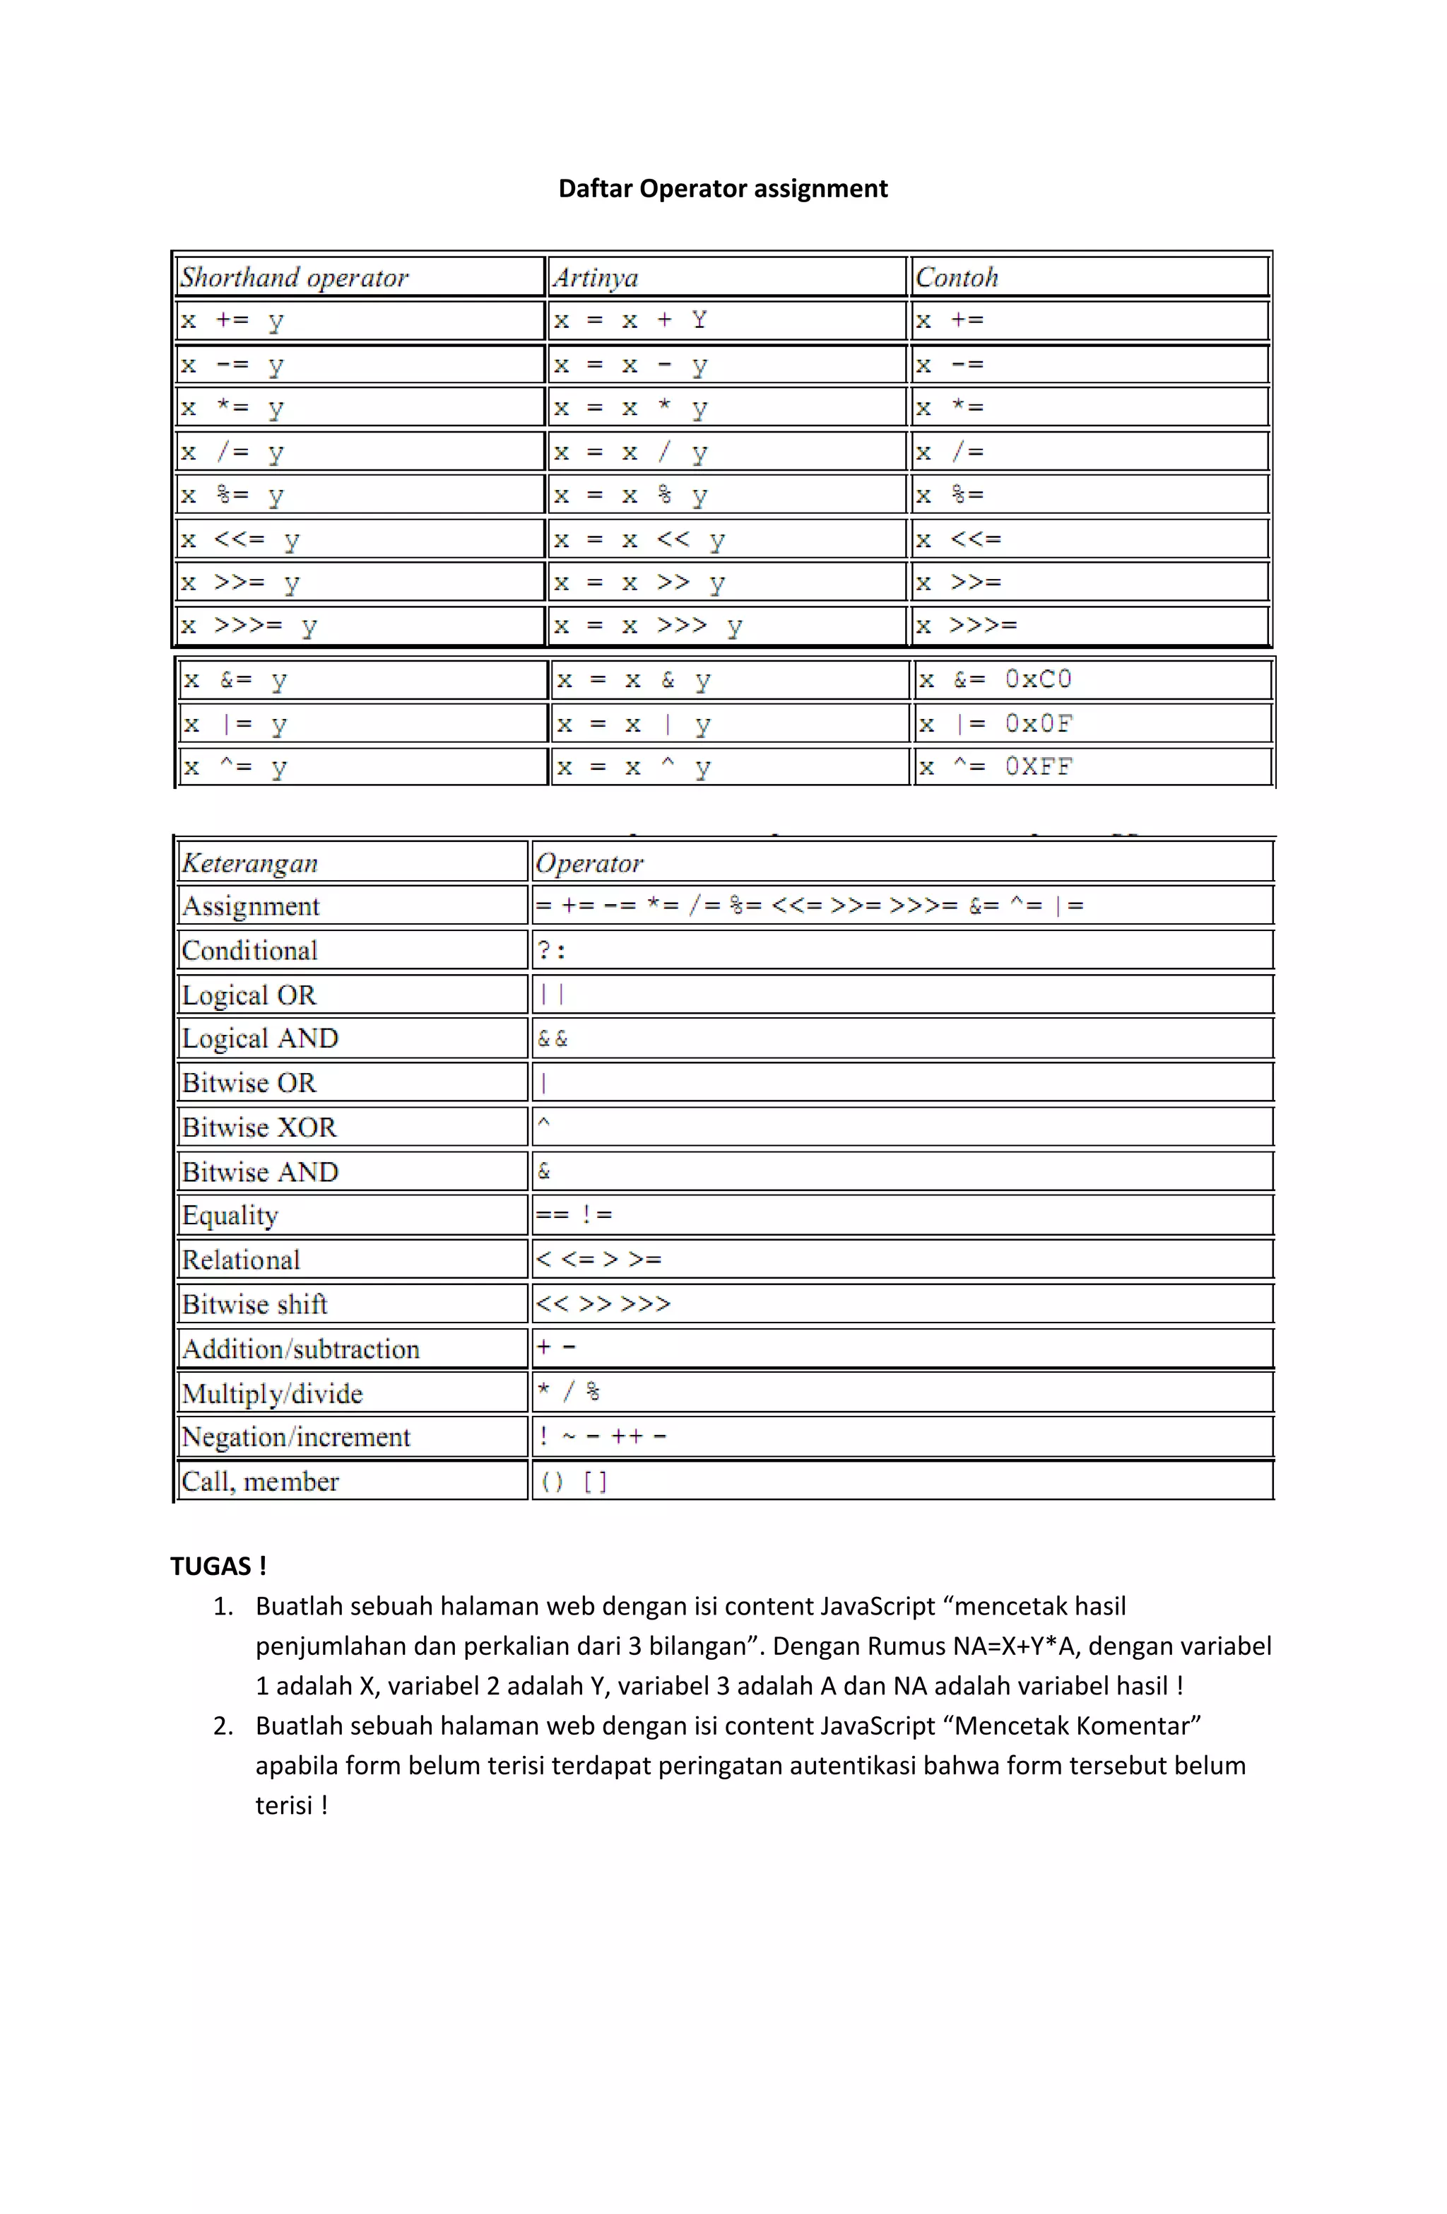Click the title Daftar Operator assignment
click(723, 189)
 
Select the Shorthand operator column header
click(294, 277)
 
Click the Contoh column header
click(956, 277)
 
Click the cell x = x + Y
click(630, 321)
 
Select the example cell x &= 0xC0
click(994, 680)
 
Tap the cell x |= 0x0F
click(994, 724)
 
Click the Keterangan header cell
click(249, 863)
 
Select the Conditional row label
click(249, 951)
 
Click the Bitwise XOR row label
click(259, 1127)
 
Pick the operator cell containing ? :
click(552, 951)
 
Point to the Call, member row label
click(261, 1482)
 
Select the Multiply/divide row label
click(271, 1393)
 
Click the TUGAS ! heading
click(218, 1566)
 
